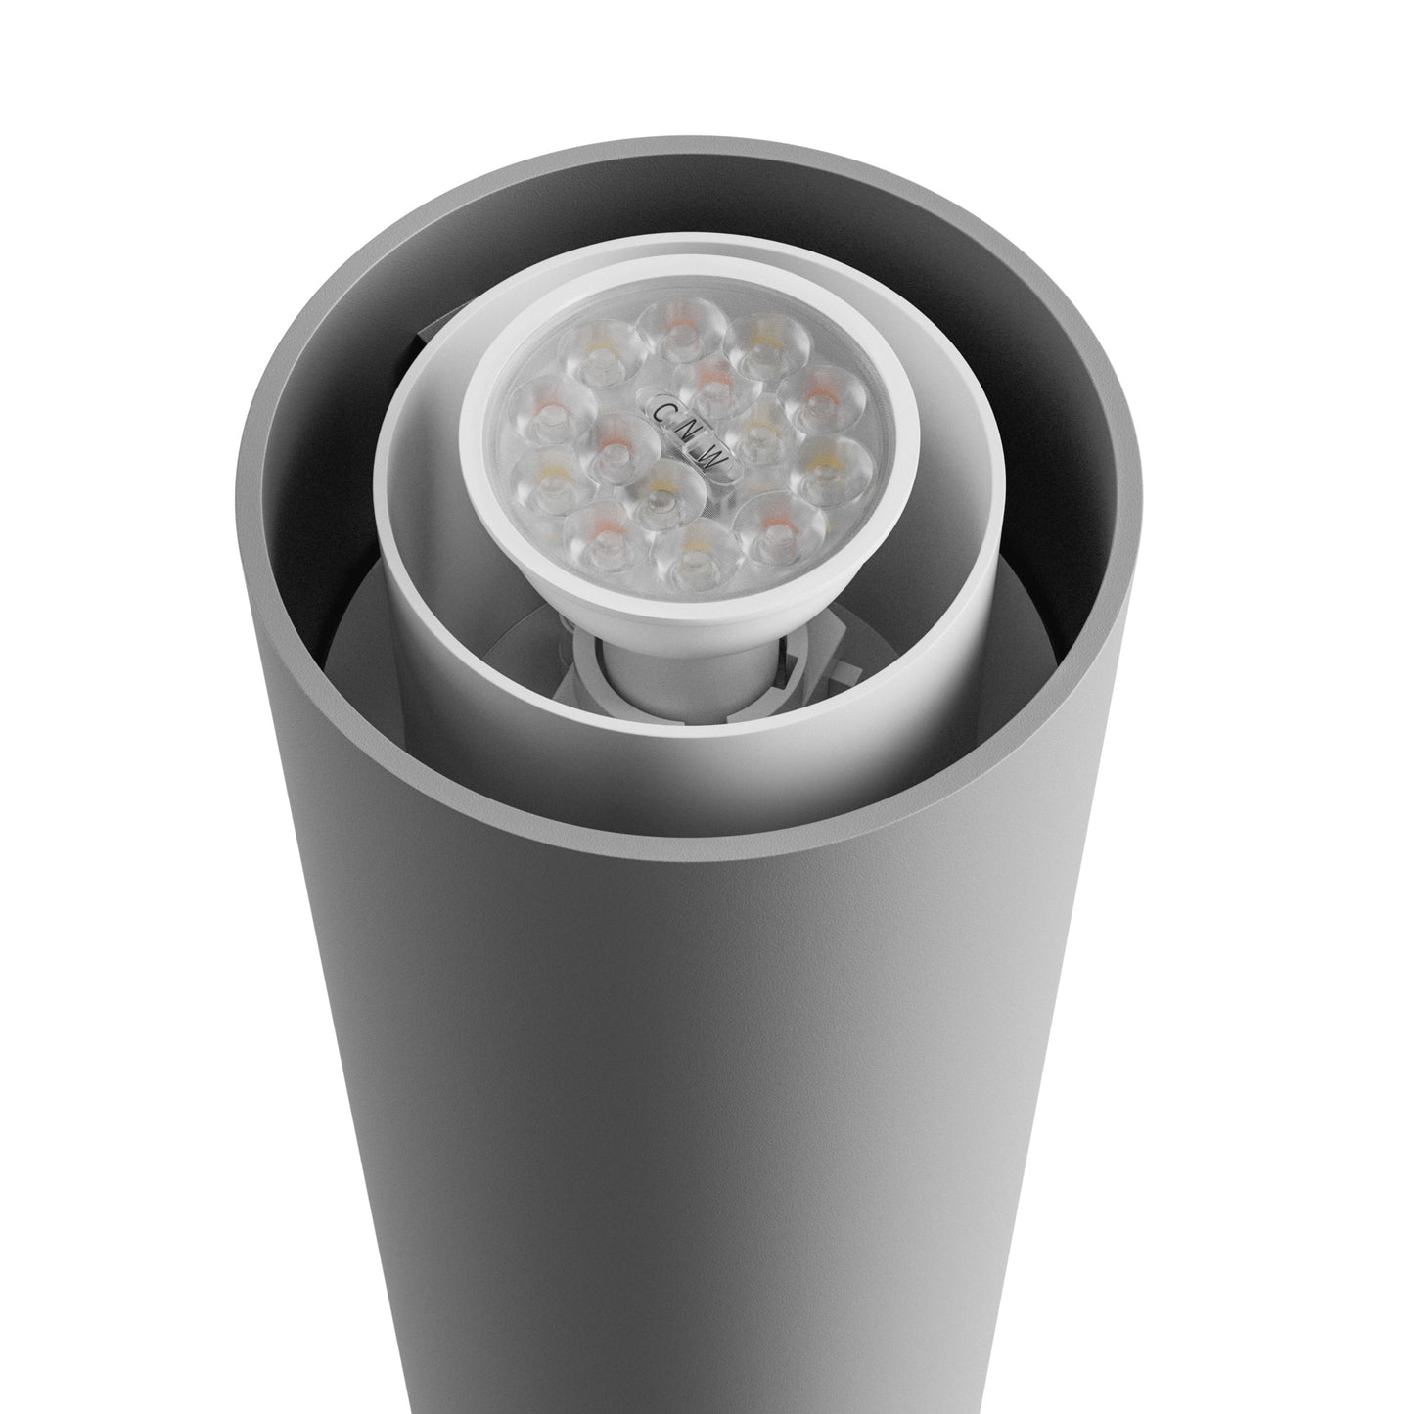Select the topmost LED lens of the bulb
tap(676, 327)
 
